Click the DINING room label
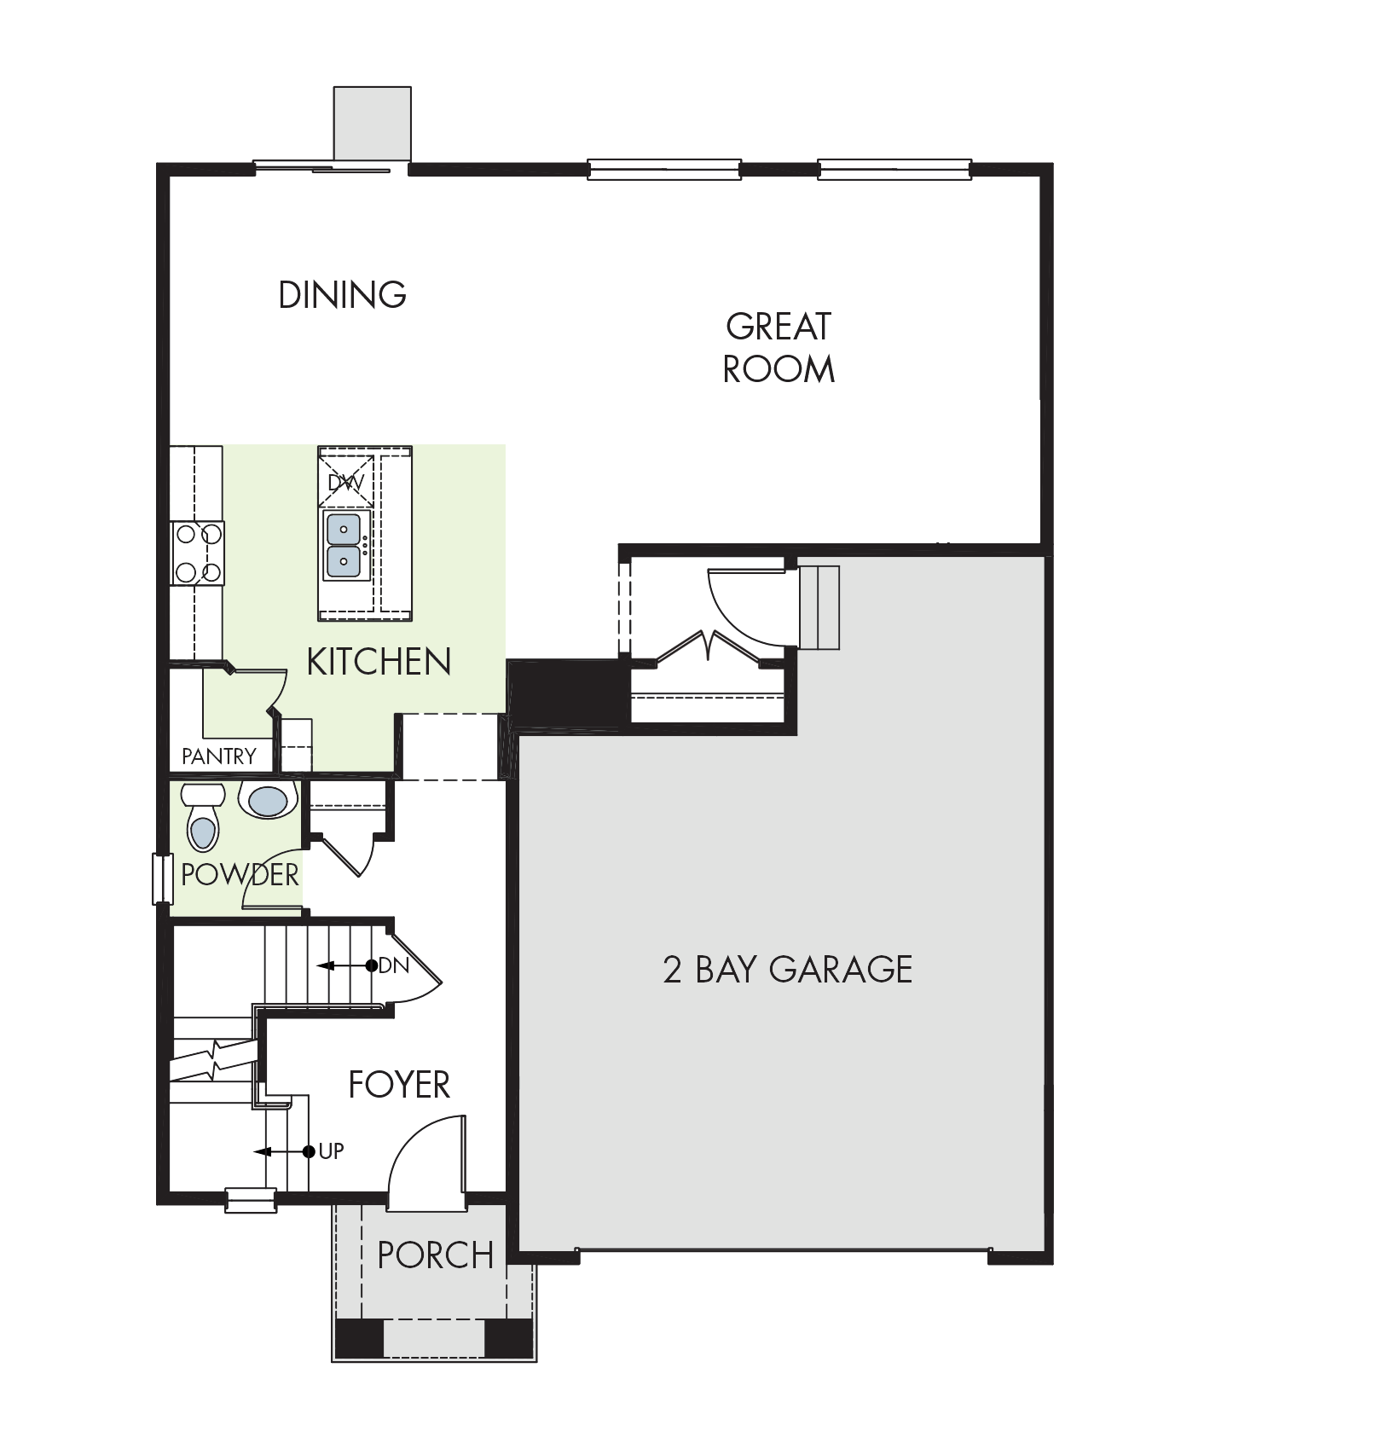[343, 294]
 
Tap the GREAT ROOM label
[779, 348]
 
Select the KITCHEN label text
[379, 662]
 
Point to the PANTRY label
[219, 756]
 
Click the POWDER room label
[240, 875]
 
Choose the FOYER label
[399, 1085]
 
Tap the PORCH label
[436, 1255]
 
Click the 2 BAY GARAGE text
[788, 970]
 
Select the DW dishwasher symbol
[346, 482]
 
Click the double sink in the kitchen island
[345, 546]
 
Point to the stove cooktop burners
[198, 553]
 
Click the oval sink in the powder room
[267, 800]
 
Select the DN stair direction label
[394, 965]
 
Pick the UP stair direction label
[331, 1151]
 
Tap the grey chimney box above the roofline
[373, 123]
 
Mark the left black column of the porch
[359, 1338]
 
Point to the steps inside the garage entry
[819, 607]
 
